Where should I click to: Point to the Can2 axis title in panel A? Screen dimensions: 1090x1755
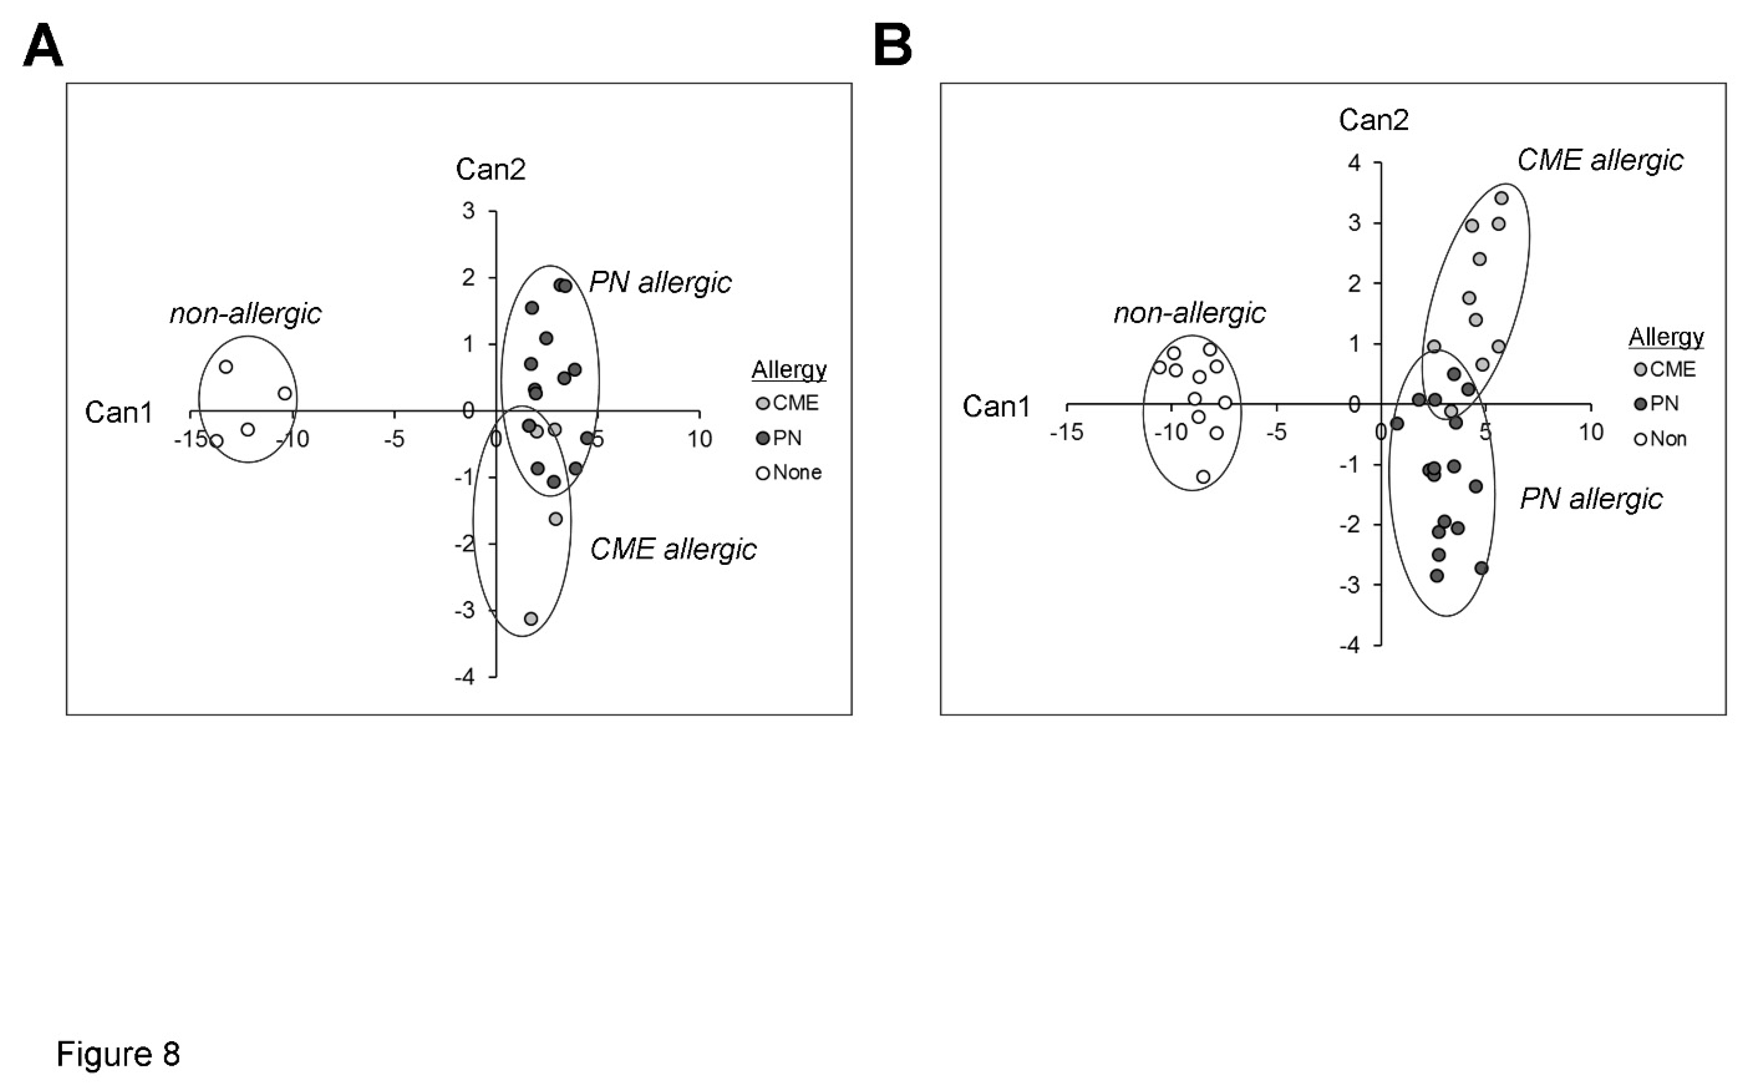pyautogui.click(x=491, y=169)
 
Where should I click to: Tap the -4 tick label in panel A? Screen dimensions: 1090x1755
pyautogui.click(x=465, y=677)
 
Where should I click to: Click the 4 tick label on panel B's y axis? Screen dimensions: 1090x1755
pyautogui.click(x=1355, y=163)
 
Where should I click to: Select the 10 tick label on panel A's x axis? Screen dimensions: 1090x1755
pyautogui.click(x=699, y=438)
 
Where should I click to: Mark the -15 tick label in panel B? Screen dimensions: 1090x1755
pyautogui.click(x=1066, y=432)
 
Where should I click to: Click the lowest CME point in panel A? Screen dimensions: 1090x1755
pyautogui.click(x=531, y=619)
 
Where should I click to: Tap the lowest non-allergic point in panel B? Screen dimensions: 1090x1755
pyautogui.click(x=1203, y=477)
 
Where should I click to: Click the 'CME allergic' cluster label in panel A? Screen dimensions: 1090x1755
pyautogui.click(x=673, y=549)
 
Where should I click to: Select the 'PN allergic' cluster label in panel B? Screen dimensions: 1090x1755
pyautogui.click(x=1591, y=499)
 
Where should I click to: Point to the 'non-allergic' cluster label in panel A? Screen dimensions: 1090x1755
pyautogui.click(x=245, y=314)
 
